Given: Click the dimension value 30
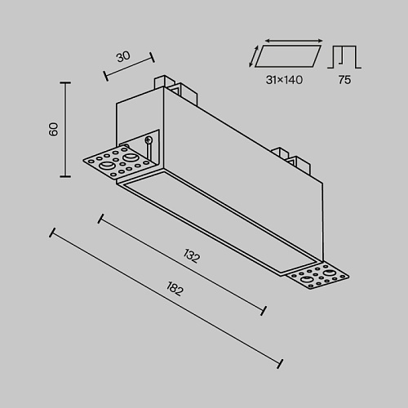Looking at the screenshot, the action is click(x=123, y=56).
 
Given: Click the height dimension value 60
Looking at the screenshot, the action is click(x=54, y=129).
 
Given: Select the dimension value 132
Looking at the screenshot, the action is click(x=192, y=255).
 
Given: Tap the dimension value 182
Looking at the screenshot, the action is click(x=175, y=289).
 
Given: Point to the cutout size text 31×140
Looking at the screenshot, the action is click(x=284, y=80).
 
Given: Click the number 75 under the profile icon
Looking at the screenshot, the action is click(x=344, y=80).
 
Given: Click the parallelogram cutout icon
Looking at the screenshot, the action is click(x=288, y=56).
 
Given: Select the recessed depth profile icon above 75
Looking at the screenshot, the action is click(x=344, y=56).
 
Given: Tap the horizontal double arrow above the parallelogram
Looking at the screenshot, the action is click(x=294, y=41).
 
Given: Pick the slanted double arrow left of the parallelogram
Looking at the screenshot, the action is click(x=253, y=56).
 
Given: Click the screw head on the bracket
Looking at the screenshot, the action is click(x=149, y=140).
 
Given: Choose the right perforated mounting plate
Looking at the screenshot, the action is click(x=317, y=277).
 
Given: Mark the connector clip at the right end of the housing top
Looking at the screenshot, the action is click(x=292, y=162).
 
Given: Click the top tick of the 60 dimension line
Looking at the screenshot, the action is click(x=65, y=82).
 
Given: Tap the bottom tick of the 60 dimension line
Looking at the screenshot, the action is click(x=65, y=176).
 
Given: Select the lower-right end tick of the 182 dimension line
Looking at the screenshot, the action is click(x=280, y=364).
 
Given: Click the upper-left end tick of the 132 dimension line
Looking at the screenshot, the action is click(x=100, y=219).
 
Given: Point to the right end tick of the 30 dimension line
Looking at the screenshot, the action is click(x=153, y=57).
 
